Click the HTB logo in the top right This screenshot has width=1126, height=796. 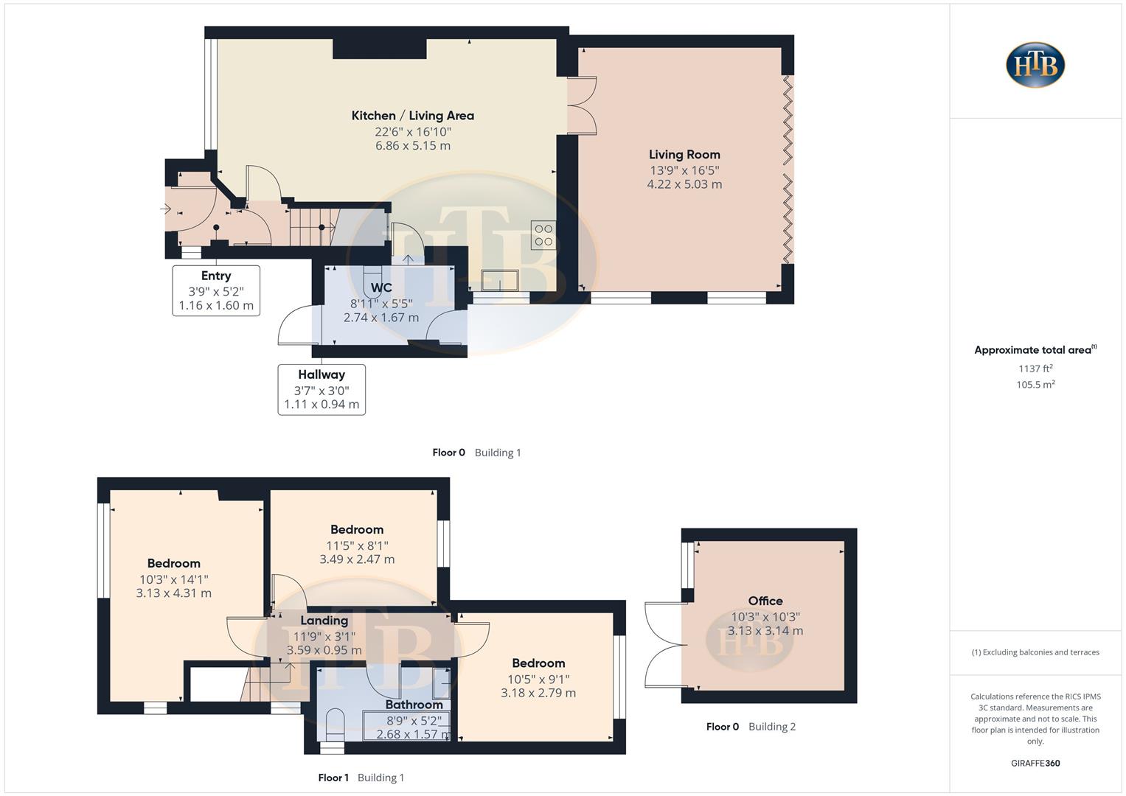pyautogui.click(x=1035, y=65)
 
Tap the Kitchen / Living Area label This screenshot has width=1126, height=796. pyautogui.click(x=412, y=116)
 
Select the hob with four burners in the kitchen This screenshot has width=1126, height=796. pyautogui.click(x=543, y=235)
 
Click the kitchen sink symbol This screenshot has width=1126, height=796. pyautogui.click(x=500, y=281)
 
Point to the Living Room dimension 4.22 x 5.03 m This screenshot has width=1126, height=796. pyautogui.click(x=684, y=184)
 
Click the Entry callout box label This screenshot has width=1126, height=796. pyautogui.click(x=216, y=276)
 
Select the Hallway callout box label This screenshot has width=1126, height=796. pyautogui.click(x=322, y=375)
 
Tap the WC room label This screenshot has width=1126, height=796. pyautogui.click(x=381, y=287)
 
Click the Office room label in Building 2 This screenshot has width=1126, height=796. pyautogui.click(x=765, y=601)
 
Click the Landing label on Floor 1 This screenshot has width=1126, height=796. pyautogui.click(x=324, y=621)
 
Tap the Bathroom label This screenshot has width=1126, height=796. pyautogui.click(x=414, y=705)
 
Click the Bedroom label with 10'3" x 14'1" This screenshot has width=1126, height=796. pyautogui.click(x=173, y=564)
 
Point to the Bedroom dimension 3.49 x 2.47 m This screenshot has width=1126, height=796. pyautogui.click(x=357, y=559)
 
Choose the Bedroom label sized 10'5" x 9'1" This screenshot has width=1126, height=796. pyautogui.click(x=538, y=663)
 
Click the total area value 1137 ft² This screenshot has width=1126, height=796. pyautogui.click(x=1035, y=369)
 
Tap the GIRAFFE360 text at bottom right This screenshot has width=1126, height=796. pyautogui.click(x=1035, y=764)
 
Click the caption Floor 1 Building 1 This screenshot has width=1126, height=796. pyautogui.click(x=361, y=778)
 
